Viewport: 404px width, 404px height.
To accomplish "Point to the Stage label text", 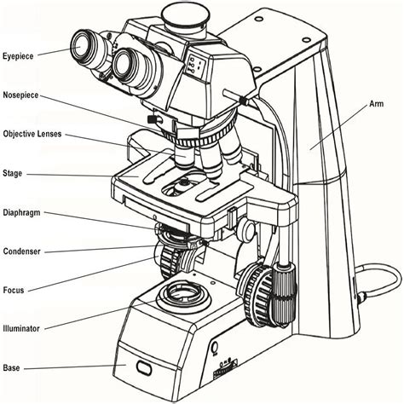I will coord(14,174).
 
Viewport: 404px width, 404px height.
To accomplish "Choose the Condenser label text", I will coord(22,251).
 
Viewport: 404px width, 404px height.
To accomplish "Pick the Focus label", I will coord(14,290).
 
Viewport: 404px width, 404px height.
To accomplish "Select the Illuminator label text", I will coord(23,327).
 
